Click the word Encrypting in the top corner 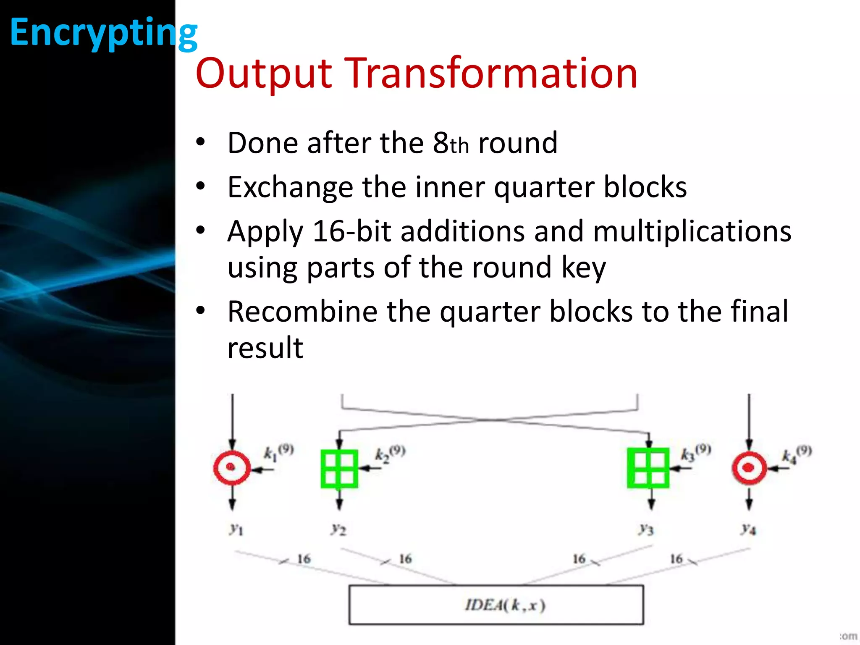tap(103, 33)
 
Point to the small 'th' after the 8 tap(459, 146)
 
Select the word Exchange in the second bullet tap(290, 187)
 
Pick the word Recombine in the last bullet tap(302, 312)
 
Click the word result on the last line tap(265, 348)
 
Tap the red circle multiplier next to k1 tap(232, 468)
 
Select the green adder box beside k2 tap(339, 469)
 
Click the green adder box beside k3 tap(648, 468)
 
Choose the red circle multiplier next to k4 tap(749, 468)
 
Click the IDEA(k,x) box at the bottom tap(496, 605)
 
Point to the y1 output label tap(236, 529)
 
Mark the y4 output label tap(748, 529)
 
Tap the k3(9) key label tap(695, 453)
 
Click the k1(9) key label tap(278, 453)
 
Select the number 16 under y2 tap(405, 559)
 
